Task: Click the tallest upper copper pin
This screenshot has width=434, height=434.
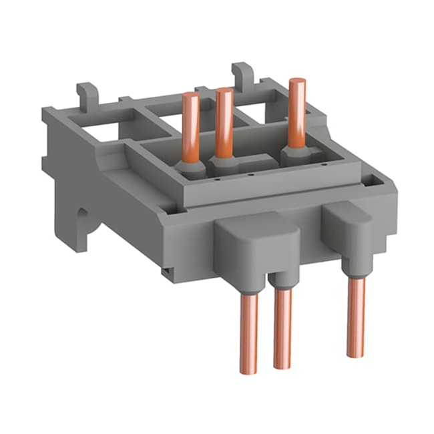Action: (296, 114)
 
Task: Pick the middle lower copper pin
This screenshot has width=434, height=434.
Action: (282, 331)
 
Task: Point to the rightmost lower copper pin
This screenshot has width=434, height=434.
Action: (355, 314)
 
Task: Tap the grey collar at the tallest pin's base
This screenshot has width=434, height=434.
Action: (294, 156)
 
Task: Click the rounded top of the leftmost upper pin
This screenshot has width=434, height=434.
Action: (191, 95)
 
